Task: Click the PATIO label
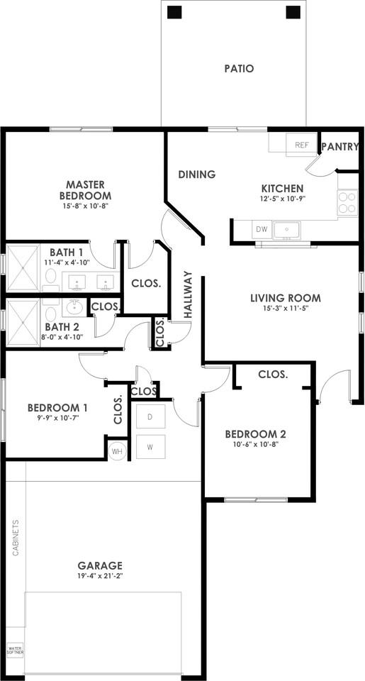[239, 69]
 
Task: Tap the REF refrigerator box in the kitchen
[301, 145]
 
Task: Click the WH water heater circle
[117, 452]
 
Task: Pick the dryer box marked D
[150, 417]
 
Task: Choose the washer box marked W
[150, 446]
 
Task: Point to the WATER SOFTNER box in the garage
[15, 651]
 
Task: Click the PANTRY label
[340, 147]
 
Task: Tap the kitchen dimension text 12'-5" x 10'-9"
[282, 200]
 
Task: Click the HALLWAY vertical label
[188, 295]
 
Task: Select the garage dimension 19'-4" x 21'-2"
[100, 576]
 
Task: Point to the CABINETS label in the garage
[16, 538]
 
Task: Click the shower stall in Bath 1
[23, 267]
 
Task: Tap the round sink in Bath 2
[76, 308]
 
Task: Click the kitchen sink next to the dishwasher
[286, 229]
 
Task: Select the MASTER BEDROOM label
[85, 189]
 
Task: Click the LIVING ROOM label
[286, 298]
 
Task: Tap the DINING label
[197, 175]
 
